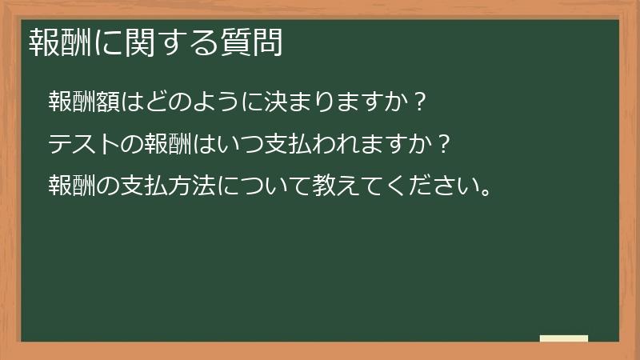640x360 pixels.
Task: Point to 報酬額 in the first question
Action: tap(82, 102)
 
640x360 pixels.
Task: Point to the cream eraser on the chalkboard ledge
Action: tap(564, 338)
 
